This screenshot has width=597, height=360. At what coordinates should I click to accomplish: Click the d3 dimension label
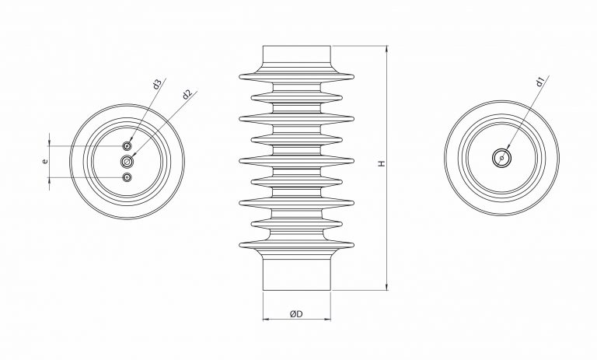click(157, 84)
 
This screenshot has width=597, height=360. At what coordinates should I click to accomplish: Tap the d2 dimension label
click(187, 95)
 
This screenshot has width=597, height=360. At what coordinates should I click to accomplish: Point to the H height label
click(381, 164)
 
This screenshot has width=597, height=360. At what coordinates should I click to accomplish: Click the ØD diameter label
click(295, 313)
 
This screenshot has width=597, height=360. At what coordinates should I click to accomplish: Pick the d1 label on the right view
click(539, 80)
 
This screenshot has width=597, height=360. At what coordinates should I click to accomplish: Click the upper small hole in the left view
click(127, 145)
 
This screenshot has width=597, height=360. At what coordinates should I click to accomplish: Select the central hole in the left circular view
click(127, 161)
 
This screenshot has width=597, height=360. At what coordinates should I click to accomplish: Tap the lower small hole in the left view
click(127, 178)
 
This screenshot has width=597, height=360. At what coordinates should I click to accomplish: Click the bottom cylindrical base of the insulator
click(297, 274)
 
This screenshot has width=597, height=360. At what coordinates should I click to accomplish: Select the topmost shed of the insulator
click(297, 76)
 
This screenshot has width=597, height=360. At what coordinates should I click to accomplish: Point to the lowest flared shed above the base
click(297, 247)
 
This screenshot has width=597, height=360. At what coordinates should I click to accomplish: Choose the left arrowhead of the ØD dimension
click(266, 319)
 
